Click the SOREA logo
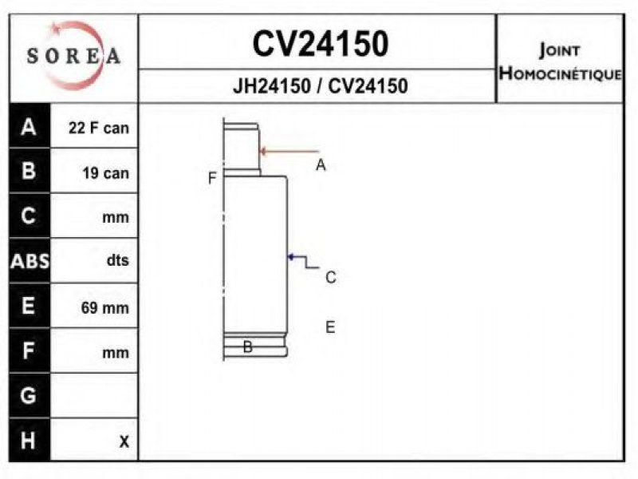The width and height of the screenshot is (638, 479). (73, 55)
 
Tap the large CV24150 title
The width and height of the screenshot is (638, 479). (321, 44)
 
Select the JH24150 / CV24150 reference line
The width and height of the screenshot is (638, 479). (321, 86)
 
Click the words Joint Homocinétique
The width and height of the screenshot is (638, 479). (561, 61)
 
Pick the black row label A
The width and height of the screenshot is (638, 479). (29, 127)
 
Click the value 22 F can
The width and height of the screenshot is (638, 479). (99, 128)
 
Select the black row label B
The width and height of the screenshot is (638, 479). (29, 171)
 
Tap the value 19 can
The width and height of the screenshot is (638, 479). (106, 173)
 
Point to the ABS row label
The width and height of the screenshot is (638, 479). (30, 261)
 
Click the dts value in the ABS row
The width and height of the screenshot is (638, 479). (117, 259)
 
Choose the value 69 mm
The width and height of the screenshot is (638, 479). (105, 307)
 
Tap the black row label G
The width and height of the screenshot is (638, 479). (28, 395)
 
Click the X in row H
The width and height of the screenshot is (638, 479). (124, 441)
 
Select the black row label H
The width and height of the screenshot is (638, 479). (28, 441)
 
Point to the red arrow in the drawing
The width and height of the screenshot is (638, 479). (289, 152)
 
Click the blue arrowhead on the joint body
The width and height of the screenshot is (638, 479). (291, 256)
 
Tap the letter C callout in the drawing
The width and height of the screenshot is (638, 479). (331, 277)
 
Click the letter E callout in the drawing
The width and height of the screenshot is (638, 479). (330, 327)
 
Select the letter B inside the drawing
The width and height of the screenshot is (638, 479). (248, 346)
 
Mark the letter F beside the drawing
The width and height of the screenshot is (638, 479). (212, 178)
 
